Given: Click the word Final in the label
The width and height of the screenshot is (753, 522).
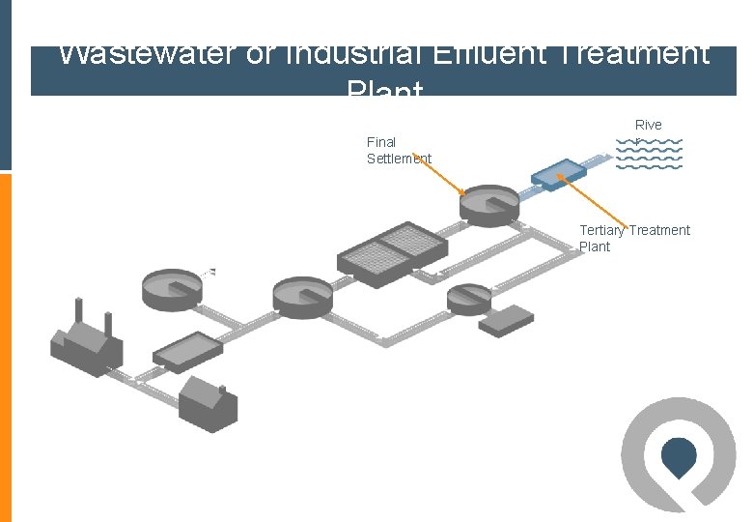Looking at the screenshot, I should tap(381, 142).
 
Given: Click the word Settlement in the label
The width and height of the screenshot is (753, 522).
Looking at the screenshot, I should tap(399, 159).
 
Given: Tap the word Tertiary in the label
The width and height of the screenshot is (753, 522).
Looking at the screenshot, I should tap(601, 230).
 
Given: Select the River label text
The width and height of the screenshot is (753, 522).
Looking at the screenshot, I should tap(649, 125).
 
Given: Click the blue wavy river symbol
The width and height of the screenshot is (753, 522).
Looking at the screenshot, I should tap(649, 154).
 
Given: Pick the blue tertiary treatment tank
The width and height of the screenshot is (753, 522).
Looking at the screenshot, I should tap(558, 172).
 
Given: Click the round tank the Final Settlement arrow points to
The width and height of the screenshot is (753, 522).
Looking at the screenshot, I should tap(489, 205).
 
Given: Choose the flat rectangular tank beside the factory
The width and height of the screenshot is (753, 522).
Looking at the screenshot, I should tap(186, 351).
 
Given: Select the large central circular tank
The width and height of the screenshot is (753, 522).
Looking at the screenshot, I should tap(302, 296).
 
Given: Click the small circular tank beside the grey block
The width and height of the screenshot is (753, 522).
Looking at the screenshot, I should tap(469, 299).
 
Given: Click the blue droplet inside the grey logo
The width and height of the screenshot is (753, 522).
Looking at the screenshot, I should tap(680, 456).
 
